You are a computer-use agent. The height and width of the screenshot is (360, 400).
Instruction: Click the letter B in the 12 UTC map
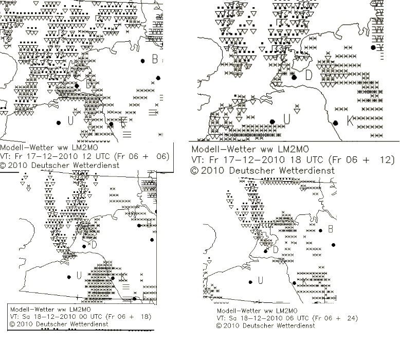click(155, 59)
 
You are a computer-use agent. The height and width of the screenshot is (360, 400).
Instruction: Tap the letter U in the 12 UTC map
click(70, 120)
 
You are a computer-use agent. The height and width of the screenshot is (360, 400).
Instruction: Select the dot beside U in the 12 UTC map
click(59, 123)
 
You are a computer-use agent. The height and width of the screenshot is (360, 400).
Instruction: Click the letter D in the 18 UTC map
click(308, 75)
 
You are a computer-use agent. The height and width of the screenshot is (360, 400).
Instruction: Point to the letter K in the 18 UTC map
click(350, 120)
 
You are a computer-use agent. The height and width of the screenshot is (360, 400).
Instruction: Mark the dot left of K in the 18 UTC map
click(335, 123)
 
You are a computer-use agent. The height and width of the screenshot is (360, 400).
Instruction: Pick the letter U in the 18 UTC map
click(287, 119)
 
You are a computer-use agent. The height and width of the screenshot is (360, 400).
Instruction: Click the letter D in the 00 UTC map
click(94, 245)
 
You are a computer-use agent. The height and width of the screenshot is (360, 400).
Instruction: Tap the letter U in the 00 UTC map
click(79, 275)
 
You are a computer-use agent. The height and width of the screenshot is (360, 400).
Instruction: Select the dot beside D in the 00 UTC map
click(84, 246)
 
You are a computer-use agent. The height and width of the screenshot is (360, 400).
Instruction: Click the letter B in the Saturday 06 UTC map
click(331, 229)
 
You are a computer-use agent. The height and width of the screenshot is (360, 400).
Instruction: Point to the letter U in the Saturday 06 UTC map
click(260, 280)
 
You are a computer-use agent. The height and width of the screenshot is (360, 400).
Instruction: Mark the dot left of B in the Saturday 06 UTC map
click(321, 230)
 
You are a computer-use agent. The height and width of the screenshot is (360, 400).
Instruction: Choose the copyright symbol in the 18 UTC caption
click(195, 171)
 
